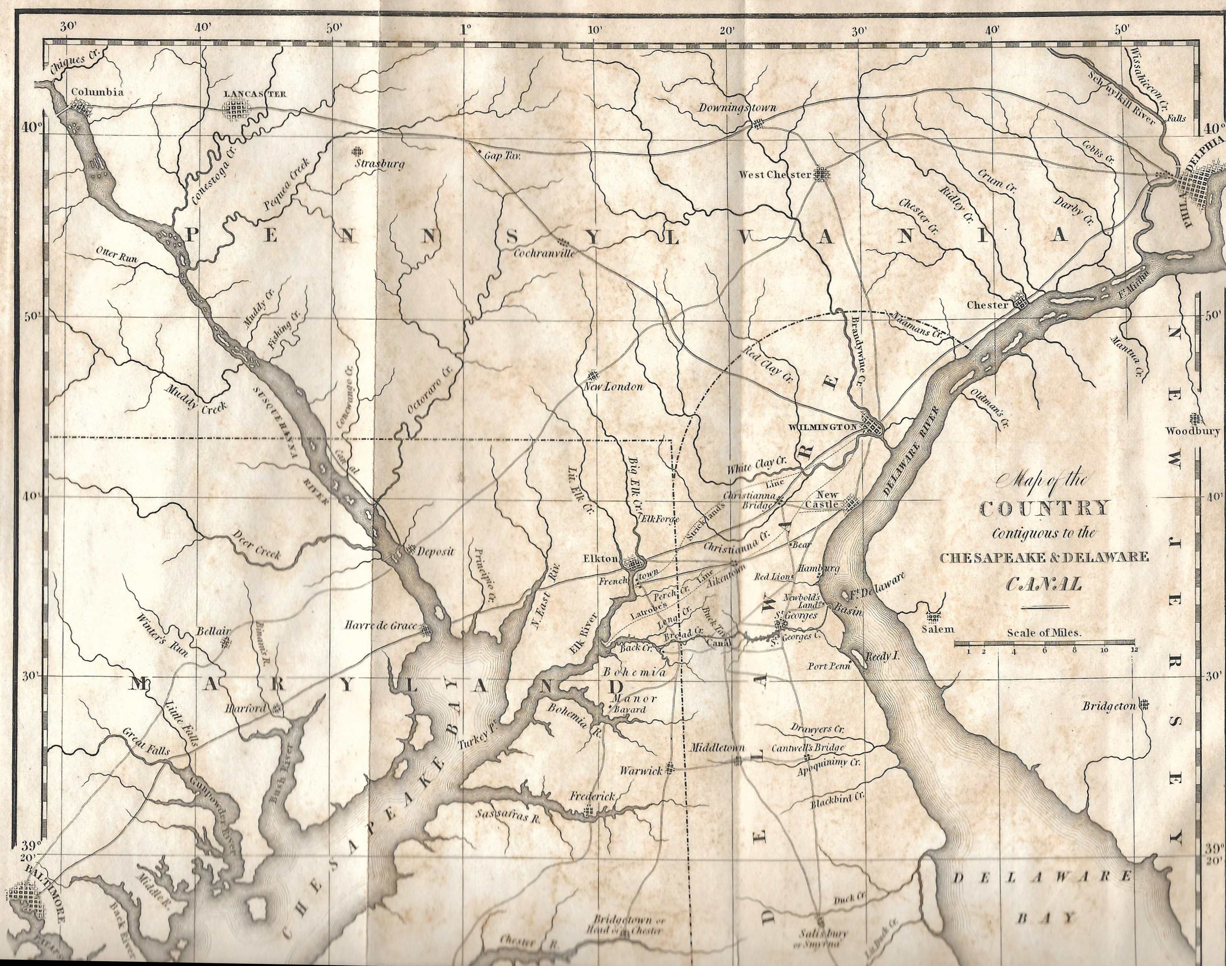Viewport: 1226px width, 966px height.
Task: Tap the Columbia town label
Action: (x=97, y=92)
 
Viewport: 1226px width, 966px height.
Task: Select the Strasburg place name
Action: (x=380, y=164)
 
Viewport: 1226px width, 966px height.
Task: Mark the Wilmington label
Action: (x=822, y=428)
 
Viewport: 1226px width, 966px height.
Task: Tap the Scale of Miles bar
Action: (x=1044, y=643)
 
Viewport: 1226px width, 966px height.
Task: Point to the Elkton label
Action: (x=600, y=559)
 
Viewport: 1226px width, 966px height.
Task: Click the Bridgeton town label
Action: (x=1109, y=706)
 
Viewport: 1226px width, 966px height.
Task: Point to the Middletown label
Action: (x=716, y=748)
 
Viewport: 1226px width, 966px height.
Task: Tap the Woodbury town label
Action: (x=1192, y=431)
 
